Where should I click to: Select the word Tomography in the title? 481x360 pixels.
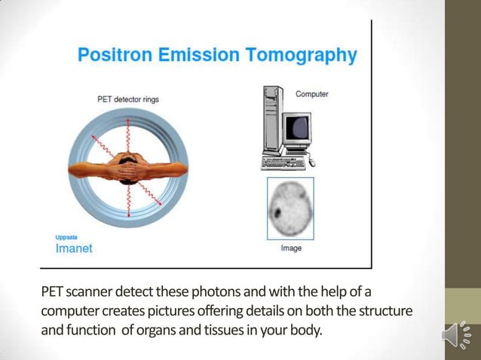click(305, 55)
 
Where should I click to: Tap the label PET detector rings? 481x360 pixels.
click(127, 99)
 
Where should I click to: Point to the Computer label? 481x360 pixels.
click(311, 94)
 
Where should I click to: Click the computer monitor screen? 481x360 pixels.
click(296, 127)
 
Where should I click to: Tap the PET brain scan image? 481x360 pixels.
click(290, 208)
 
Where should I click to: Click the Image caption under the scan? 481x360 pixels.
click(291, 249)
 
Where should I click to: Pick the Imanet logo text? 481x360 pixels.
click(74, 249)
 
